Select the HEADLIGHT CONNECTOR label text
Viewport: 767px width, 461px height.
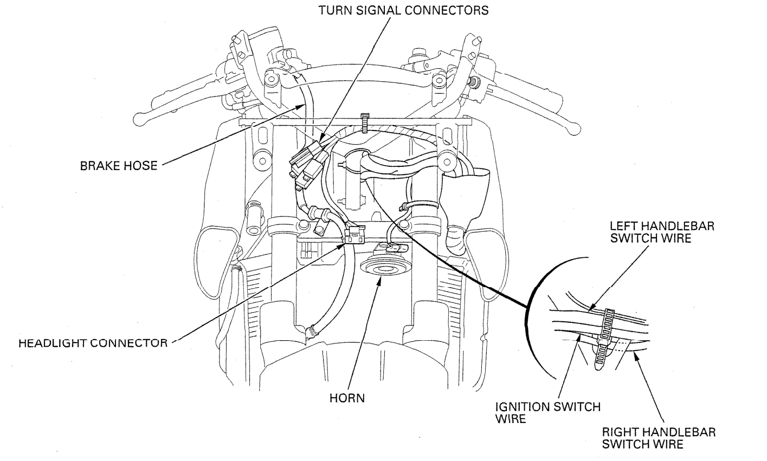point(93,343)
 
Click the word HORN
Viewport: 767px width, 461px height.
point(347,398)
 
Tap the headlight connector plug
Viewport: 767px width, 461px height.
point(353,235)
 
